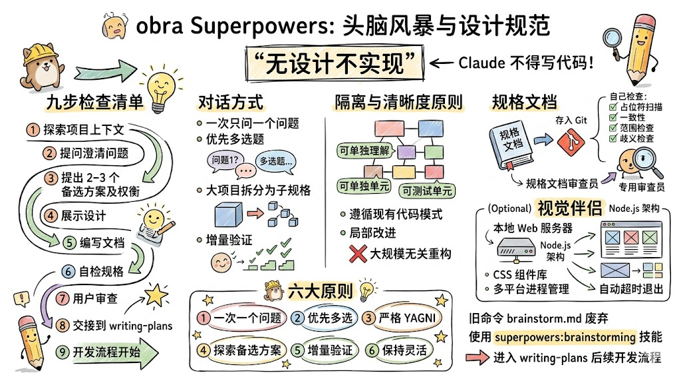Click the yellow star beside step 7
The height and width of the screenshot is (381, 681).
(156, 294)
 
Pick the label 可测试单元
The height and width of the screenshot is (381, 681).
(428, 191)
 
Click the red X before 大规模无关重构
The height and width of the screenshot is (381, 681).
(358, 254)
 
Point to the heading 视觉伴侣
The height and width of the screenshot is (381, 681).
(570, 206)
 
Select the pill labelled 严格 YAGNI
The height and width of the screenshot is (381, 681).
(406, 318)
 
